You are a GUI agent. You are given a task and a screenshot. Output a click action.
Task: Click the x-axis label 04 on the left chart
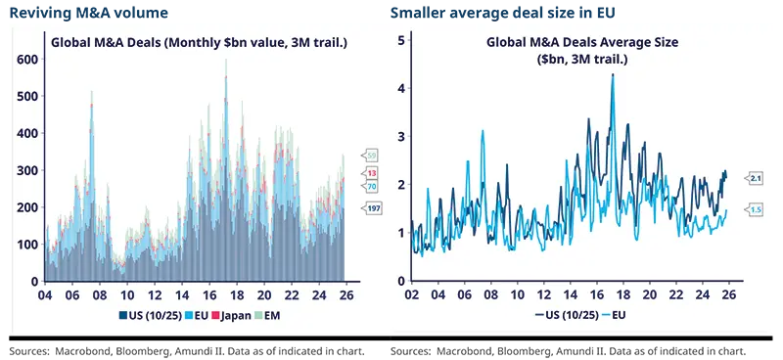click(x=44, y=293)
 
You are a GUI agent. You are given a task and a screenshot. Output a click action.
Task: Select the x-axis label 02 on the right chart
click(x=411, y=293)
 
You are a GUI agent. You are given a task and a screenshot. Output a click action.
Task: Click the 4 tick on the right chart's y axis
click(x=401, y=89)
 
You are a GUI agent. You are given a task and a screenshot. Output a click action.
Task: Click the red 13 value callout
click(x=372, y=172)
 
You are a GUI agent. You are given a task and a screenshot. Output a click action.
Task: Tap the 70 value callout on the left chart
click(x=372, y=186)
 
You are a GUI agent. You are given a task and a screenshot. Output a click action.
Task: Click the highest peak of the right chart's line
click(x=613, y=74)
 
